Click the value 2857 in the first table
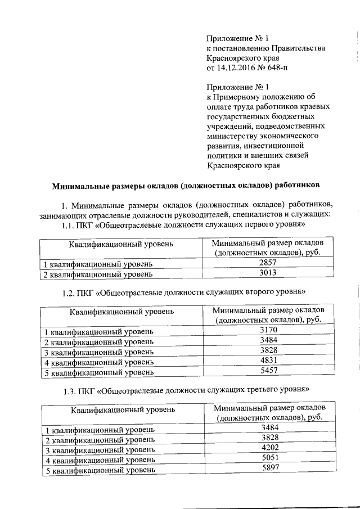268,263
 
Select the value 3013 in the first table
268,273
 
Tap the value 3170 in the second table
269,331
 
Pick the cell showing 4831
269,362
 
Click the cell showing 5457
269,372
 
